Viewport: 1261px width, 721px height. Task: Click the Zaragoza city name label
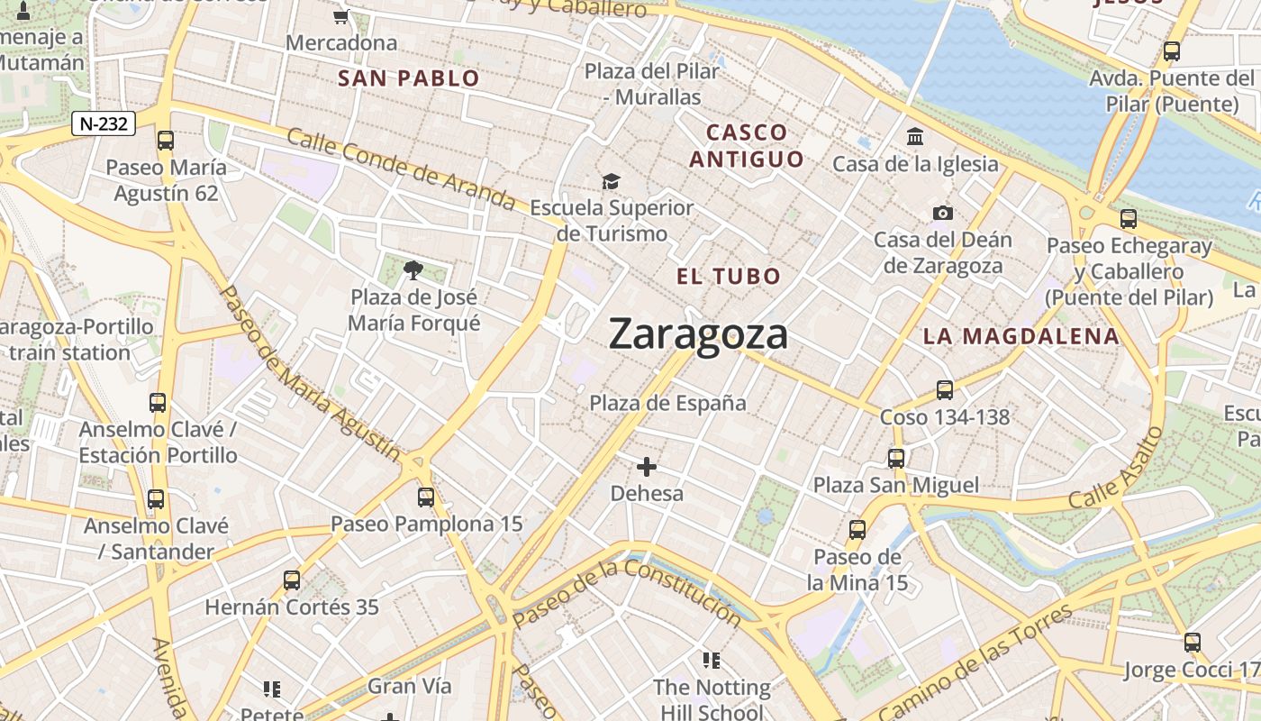click(698, 334)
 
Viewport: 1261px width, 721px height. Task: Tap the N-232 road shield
click(104, 124)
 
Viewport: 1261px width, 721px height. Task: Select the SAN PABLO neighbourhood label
click(409, 78)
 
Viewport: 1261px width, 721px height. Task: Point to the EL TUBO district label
click(729, 276)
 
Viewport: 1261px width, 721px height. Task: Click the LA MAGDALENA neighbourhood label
click(1021, 337)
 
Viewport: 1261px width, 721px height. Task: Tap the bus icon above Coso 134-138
click(944, 389)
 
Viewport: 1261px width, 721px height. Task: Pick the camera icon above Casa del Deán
click(943, 213)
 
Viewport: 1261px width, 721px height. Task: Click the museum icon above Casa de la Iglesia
click(916, 137)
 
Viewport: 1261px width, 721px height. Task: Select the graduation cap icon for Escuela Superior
click(612, 181)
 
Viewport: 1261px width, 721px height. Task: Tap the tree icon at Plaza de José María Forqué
click(413, 269)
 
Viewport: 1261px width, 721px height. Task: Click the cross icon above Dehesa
click(647, 466)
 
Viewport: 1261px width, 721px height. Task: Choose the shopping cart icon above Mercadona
click(341, 15)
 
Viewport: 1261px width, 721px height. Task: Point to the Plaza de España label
click(667, 403)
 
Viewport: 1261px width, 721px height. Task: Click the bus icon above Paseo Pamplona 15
click(426, 497)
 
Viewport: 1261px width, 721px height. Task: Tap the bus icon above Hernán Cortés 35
click(292, 580)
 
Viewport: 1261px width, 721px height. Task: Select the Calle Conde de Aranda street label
click(401, 171)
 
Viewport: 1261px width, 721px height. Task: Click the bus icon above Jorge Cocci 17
click(1192, 643)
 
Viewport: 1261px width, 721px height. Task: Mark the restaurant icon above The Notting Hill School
click(712, 661)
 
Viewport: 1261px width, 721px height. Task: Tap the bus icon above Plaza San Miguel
click(896, 458)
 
